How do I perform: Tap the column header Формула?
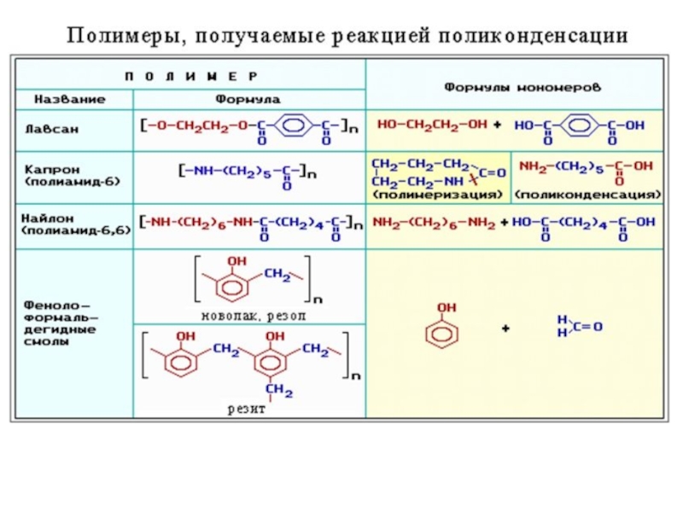[248, 99]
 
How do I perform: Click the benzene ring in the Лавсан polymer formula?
[293, 127]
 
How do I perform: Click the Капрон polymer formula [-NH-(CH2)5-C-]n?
[247, 174]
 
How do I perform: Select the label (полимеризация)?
[436, 195]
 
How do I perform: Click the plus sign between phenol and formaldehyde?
[505, 328]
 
